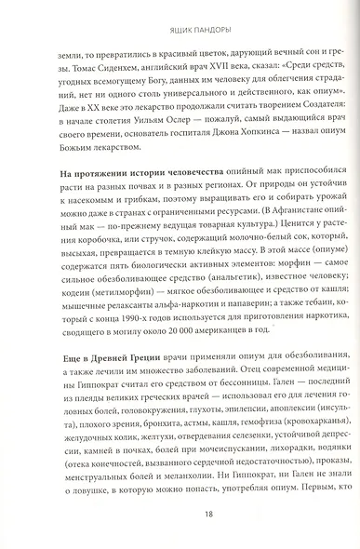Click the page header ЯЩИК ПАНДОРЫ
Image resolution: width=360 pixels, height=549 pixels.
pyautogui.click(x=180, y=16)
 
